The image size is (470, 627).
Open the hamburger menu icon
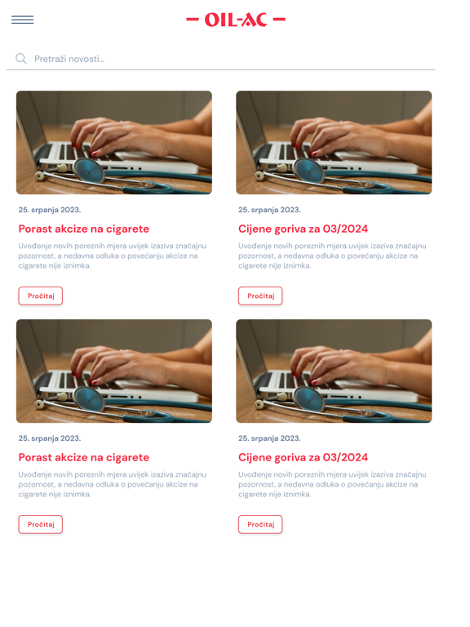coord(22,20)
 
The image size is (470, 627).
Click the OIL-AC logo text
coord(236,20)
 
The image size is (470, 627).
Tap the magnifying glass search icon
coord(21,59)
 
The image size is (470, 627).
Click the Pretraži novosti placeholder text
coord(69,59)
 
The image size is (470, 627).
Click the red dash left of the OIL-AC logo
coord(193,20)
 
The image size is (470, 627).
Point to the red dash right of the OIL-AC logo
coord(279,20)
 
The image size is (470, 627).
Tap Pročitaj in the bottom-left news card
coord(40,524)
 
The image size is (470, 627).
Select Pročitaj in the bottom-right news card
coord(260,524)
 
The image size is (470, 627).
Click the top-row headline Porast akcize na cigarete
coord(84,229)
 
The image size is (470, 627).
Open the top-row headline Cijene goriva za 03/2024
coord(303,229)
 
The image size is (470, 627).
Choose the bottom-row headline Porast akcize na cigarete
coord(84,457)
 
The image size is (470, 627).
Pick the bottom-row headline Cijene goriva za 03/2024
coord(303,457)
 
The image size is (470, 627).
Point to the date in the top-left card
coord(50,210)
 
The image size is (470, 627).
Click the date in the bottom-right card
coord(269,438)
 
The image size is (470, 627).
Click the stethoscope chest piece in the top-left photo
coord(89,171)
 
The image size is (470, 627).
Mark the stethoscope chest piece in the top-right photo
coord(308,171)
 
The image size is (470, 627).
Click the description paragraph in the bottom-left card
coord(113,484)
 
